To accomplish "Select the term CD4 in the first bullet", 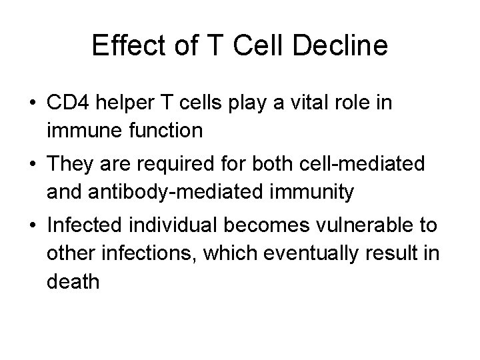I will click(65, 104).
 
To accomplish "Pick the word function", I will click(163, 130).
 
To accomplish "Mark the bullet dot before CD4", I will click(33, 105).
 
